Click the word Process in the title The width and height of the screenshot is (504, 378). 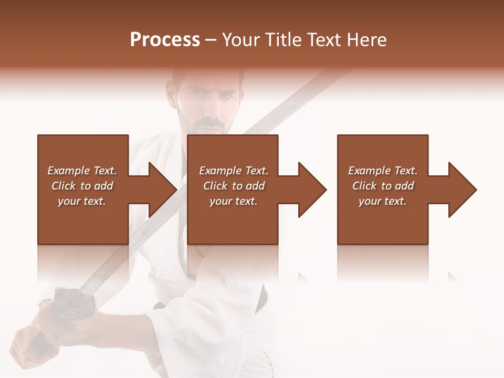(x=165, y=40)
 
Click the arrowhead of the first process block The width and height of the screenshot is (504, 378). (x=163, y=190)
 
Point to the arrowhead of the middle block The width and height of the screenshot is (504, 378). (x=313, y=190)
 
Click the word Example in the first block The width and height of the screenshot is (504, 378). (x=69, y=171)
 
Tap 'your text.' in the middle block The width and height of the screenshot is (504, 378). (x=233, y=201)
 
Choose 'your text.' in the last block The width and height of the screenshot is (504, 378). (x=382, y=201)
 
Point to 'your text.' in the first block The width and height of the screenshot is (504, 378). (x=81, y=201)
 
